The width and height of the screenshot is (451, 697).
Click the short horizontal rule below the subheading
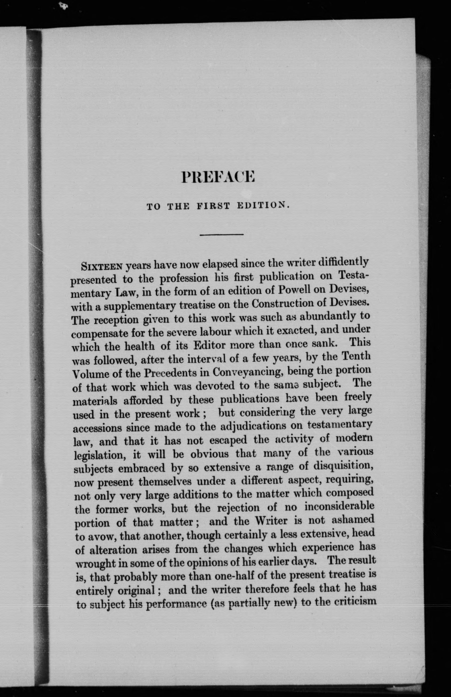click(221, 234)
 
